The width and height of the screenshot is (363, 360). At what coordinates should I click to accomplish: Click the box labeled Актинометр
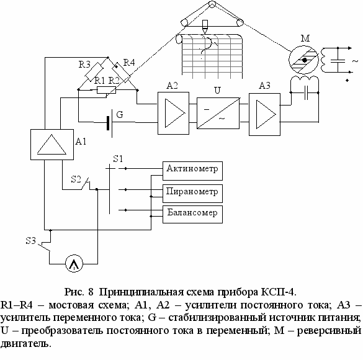click(x=192, y=171)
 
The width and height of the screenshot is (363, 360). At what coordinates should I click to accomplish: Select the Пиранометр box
click(x=192, y=194)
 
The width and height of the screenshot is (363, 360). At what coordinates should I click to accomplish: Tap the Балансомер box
click(x=192, y=214)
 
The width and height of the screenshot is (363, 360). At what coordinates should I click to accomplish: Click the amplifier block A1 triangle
click(x=52, y=145)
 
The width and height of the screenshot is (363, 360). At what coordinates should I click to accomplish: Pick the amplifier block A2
click(x=173, y=113)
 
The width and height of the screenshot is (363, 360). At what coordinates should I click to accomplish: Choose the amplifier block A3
click(x=264, y=114)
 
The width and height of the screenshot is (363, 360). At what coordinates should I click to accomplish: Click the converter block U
click(x=218, y=113)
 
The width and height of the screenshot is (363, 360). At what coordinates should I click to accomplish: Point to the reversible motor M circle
click(x=303, y=60)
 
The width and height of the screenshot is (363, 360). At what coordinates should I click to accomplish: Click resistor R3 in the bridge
click(x=94, y=72)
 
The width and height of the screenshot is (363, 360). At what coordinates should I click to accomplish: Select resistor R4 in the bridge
click(x=121, y=73)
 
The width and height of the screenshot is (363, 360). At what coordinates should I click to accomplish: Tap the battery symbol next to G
click(x=109, y=123)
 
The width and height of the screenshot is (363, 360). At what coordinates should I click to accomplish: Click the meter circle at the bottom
click(x=74, y=264)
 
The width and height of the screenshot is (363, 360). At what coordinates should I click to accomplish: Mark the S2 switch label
click(x=76, y=179)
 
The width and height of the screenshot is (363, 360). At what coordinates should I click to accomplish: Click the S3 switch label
click(x=31, y=241)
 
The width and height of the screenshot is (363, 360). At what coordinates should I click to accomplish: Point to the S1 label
click(x=118, y=159)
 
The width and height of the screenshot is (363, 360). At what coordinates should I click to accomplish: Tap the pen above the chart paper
click(x=205, y=27)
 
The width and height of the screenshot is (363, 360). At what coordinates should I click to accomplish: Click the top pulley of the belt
click(x=212, y=4)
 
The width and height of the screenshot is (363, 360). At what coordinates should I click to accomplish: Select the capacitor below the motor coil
click(x=306, y=92)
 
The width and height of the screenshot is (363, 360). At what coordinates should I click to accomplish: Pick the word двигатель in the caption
click(x=25, y=343)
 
